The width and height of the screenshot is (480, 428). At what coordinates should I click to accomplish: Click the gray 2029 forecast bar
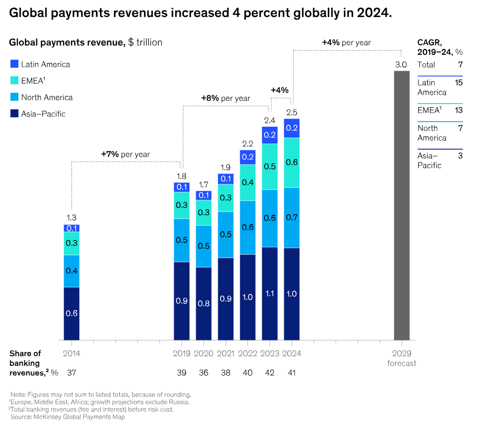401,205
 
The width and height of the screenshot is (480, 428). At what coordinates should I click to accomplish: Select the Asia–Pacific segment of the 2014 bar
71,313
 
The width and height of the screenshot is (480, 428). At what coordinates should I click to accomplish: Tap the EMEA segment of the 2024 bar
292,163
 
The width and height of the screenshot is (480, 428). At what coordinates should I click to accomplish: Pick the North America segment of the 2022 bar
248,227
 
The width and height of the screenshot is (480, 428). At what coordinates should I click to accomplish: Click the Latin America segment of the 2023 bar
270,135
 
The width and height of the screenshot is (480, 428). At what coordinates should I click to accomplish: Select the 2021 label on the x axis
225,353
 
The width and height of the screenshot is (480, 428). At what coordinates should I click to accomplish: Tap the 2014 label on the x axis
71,353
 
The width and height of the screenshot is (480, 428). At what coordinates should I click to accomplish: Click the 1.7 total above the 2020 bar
203,184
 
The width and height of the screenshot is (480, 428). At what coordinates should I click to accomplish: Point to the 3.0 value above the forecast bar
401,64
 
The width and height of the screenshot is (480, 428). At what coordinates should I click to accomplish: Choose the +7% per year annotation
125,154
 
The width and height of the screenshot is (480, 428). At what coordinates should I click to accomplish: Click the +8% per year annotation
226,98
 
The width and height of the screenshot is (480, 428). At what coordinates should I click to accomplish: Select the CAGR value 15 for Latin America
458,82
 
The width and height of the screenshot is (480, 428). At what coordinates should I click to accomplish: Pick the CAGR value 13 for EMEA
458,110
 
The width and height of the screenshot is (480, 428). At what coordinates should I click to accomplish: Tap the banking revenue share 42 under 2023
270,373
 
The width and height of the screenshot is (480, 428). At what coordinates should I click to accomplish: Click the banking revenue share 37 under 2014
71,373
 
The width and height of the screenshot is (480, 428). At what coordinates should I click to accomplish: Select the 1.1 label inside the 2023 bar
270,293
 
